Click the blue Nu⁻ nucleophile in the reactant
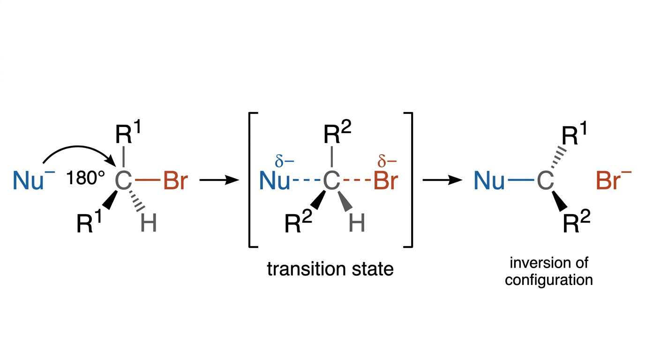coord(34,179)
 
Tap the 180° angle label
coord(85,178)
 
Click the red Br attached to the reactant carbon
coord(176,180)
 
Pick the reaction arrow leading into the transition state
coord(219,180)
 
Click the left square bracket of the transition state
coord(253,180)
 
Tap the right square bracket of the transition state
coord(408,180)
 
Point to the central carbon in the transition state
coord(331,180)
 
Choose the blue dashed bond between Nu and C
coord(307,180)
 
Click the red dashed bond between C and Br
coord(357,180)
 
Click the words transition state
coord(330,269)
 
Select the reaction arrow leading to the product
coord(442,180)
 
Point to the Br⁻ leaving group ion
coord(614,179)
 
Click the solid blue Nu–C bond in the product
coord(521,180)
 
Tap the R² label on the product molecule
coord(577,221)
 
